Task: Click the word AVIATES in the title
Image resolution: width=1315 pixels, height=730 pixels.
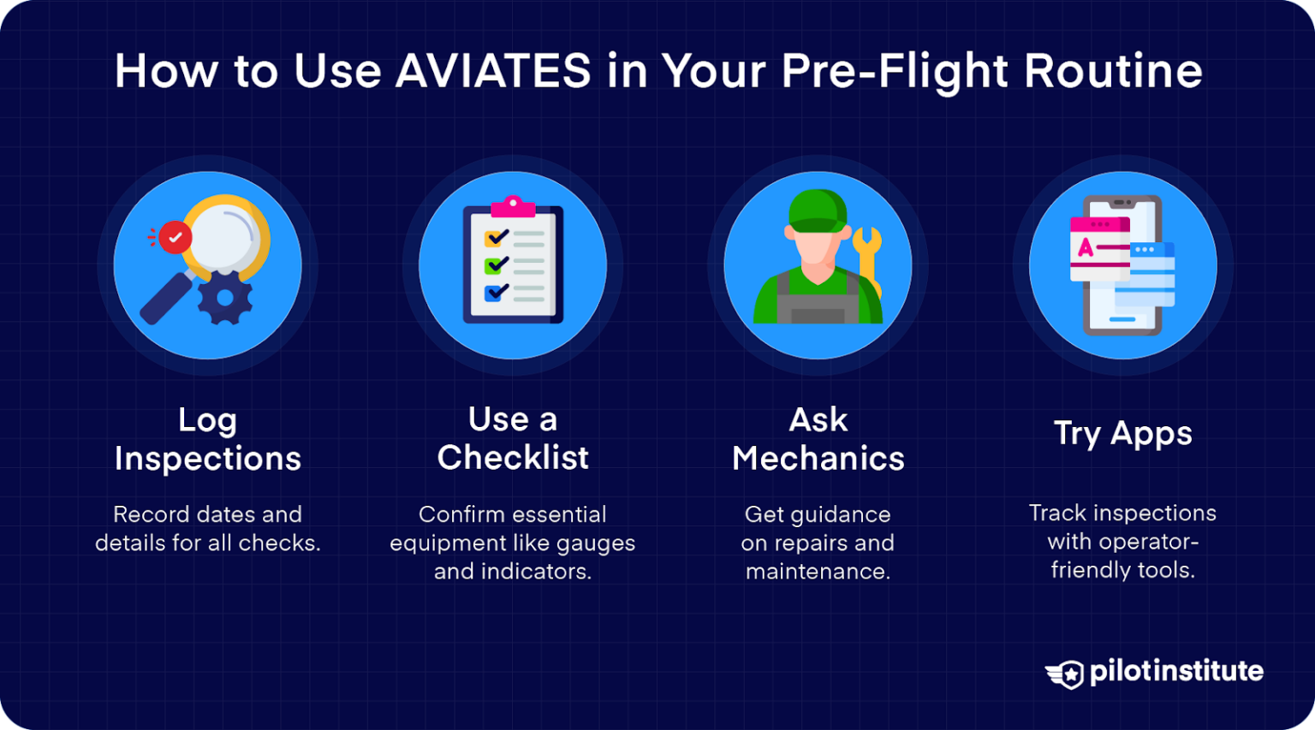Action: (492, 70)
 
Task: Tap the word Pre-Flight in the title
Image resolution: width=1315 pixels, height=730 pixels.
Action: (895, 70)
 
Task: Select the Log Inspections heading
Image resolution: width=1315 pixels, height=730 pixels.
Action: (207, 439)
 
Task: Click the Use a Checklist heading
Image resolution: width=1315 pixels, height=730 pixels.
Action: (513, 438)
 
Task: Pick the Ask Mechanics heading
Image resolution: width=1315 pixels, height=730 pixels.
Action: (818, 439)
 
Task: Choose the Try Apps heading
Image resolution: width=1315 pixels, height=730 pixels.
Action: (1122, 433)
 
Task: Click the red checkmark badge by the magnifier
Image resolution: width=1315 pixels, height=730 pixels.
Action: (176, 237)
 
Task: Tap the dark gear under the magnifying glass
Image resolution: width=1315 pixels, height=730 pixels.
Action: (225, 297)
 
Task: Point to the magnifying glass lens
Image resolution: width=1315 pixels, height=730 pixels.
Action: (226, 235)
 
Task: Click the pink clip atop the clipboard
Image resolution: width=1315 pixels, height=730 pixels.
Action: (513, 206)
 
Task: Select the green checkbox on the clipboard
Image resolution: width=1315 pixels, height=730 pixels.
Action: (495, 265)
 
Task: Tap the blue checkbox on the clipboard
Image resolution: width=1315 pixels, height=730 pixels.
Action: (495, 293)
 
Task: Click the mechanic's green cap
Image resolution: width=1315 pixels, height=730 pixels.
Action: (817, 211)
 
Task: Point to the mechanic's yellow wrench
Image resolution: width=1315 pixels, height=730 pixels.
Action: (868, 257)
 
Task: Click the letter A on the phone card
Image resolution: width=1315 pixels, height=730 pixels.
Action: (1086, 248)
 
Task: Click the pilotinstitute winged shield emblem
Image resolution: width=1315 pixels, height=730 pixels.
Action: (1065, 674)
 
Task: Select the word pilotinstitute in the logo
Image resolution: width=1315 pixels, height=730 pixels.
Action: (1176, 672)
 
